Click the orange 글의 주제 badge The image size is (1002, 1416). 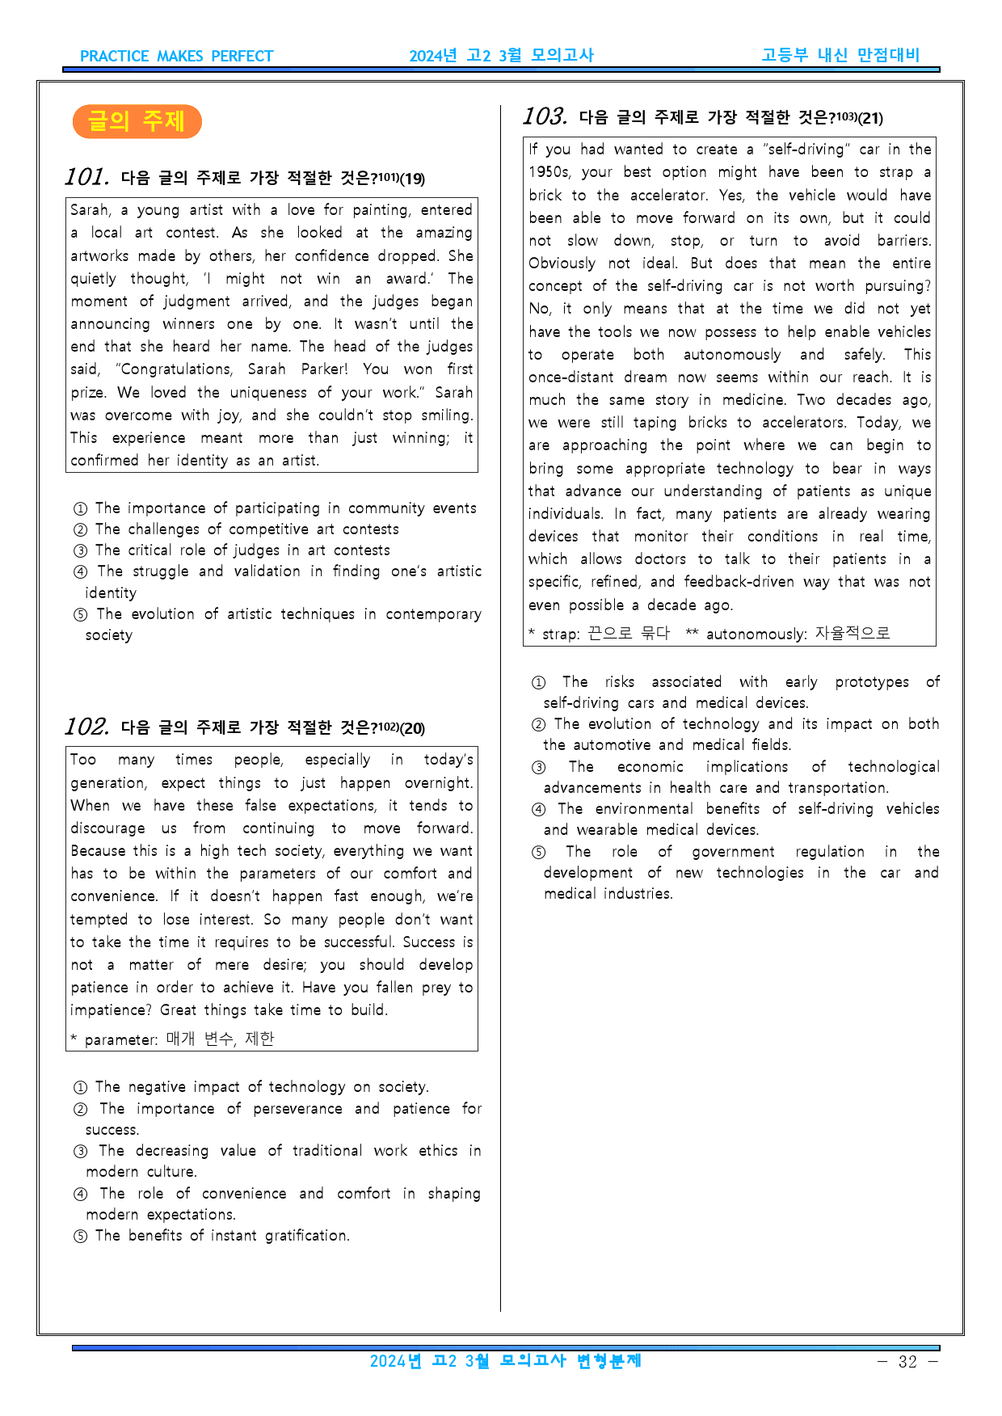tap(137, 121)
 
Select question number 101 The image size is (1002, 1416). tap(86, 176)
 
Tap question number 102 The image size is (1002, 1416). tap(86, 726)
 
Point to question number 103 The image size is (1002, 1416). tap(545, 116)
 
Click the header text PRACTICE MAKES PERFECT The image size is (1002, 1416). tap(176, 57)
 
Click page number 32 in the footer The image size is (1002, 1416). tap(907, 1362)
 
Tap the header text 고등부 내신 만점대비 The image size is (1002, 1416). tap(840, 55)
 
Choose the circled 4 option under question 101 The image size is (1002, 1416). tap(80, 572)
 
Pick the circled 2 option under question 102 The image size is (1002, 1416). tap(80, 1110)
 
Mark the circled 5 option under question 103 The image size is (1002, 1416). tap(538, 853)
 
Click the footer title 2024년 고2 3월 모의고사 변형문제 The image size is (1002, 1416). tap(505, 1361)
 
